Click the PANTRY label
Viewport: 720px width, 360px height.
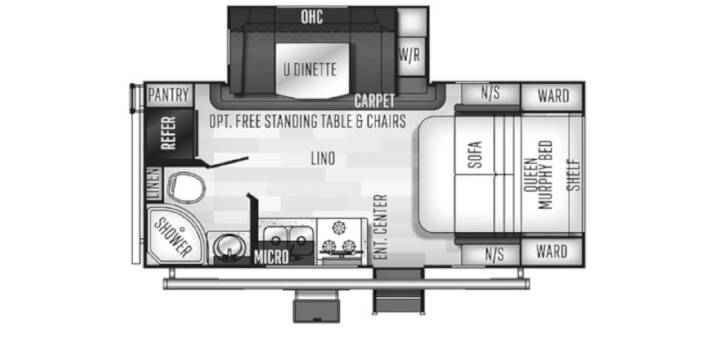169,96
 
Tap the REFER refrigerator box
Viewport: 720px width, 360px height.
169,133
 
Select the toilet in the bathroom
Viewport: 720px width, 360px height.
186,186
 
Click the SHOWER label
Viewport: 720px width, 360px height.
172,236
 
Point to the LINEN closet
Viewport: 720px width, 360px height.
154,184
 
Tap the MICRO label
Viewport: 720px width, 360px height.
271,257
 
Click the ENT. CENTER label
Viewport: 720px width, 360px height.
381,227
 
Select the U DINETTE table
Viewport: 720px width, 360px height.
312,70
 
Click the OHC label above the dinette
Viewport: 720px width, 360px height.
312,17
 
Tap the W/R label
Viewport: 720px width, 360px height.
410,56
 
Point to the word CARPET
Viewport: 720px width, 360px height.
374,100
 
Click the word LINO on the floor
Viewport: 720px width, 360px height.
322,159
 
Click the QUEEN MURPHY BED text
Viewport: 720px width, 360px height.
538,174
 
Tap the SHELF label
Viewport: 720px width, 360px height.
574,174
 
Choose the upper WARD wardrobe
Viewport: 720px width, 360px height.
552,96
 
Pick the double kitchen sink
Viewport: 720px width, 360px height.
287,236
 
